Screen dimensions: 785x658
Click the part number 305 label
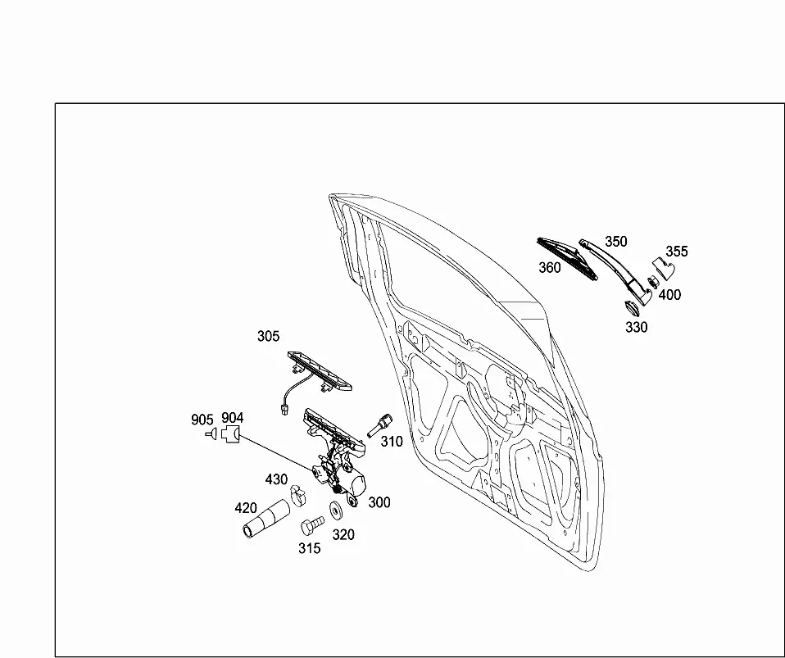click(268, 336)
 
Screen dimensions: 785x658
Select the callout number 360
click(550, 268)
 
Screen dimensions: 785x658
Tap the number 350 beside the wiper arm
click(615, 242)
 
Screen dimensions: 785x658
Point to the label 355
click(677, 252)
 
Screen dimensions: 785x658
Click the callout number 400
click(669, 295)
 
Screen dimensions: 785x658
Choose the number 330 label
click(637, 327)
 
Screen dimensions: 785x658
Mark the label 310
click(392, 442)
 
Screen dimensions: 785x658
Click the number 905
click(202, 420)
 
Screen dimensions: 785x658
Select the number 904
click(232, 418)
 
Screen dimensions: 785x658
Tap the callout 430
click(276, 479)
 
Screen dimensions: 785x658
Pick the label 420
click(246, 508)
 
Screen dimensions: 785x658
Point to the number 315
click(310, 549)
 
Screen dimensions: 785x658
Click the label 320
click(343, 535)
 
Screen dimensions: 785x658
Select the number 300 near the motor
click(379, 502)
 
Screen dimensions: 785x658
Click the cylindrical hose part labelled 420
click(265, 520)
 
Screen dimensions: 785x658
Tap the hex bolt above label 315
click(312, 525)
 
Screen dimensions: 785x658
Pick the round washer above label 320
click(335, 510)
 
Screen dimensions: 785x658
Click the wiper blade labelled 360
click(567, 258)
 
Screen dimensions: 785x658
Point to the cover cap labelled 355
click(664, 269)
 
